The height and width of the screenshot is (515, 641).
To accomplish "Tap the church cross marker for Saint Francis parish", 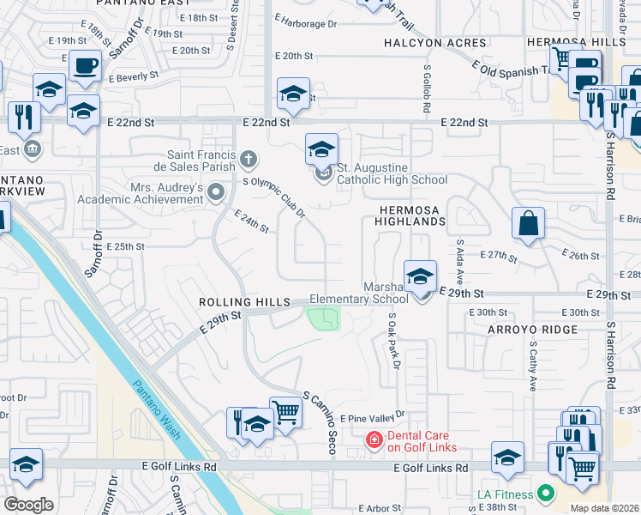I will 249,159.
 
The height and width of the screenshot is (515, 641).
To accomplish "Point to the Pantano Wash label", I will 158,410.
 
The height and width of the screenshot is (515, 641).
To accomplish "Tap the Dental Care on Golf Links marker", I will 374,440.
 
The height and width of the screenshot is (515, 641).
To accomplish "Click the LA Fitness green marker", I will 542,494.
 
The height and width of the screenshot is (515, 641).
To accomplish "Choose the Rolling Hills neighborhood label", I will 235,302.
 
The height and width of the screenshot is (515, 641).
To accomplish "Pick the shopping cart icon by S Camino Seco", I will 285,412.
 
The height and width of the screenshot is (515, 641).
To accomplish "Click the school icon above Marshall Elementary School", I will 420,276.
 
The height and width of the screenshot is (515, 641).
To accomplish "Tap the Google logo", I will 29,504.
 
